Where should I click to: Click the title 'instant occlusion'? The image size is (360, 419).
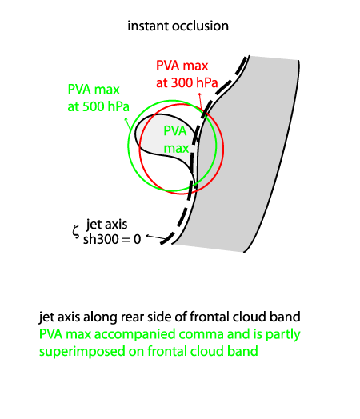tap(178, 26)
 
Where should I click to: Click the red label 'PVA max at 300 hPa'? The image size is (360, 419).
tap(187, 74)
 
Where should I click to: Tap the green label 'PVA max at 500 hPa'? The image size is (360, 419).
tap(98, 98)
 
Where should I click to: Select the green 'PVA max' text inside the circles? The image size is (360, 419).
tap(175, 139)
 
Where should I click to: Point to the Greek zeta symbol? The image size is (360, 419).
tap(76, 231)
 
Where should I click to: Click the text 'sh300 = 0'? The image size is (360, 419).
tap(112, 239)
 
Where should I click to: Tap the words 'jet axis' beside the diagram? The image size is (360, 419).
tap(106, 225)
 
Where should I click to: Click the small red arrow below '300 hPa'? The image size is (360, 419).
tap(200, 100)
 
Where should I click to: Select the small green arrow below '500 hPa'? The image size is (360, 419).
tap(128, 123)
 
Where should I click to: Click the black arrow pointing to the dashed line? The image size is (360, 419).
tap(156, 237)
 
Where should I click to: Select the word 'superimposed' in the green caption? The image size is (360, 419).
tap(82, 352)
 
